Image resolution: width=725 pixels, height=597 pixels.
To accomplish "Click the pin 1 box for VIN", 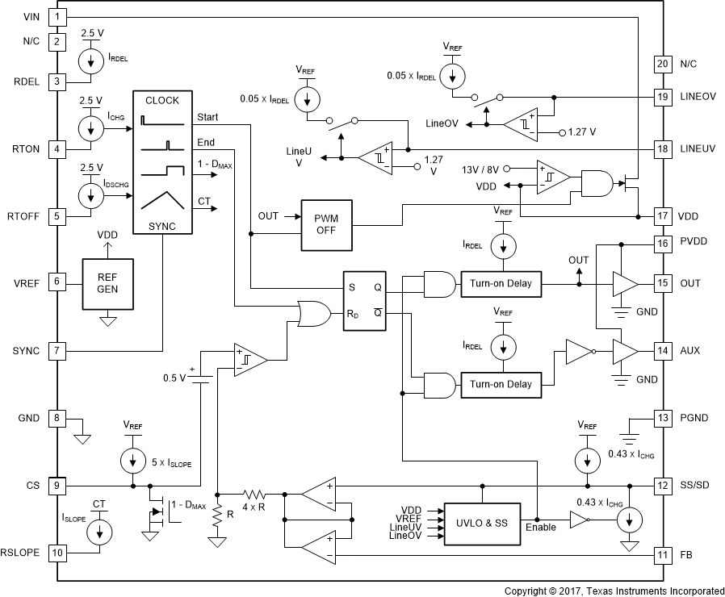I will point(57,16).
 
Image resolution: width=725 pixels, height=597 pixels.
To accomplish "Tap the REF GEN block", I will point(106,284).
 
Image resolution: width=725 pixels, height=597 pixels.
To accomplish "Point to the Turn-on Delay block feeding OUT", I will point(501,283).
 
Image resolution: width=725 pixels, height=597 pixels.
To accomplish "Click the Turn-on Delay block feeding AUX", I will point(501,384).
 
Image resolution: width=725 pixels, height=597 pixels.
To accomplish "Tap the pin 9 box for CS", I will point(57,486).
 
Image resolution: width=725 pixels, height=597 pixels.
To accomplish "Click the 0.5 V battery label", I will point(174,378).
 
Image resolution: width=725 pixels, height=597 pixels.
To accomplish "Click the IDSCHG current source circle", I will point(87,194).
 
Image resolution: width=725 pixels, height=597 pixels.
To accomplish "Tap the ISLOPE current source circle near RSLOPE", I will point(100,531).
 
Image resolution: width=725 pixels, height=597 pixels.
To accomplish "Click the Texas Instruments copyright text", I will point(614,591).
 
